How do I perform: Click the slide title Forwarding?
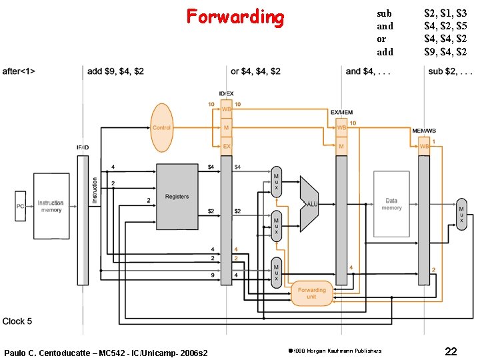tap(235, 17)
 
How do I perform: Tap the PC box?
tap(20, 206)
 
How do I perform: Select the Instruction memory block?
tap(51, 206)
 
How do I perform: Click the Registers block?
tap(177, 196)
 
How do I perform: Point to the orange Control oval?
tap(162, 127)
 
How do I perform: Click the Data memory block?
tap(391, 204)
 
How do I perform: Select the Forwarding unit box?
tap(312, 293)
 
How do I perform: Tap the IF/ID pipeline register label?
tap(83, 147)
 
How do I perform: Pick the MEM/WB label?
tap(425, 130)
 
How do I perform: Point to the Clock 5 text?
tap(17, 321)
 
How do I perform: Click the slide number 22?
tap(451, 351)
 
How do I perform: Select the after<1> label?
tap(19, 71)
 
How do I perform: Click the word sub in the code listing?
tap(385, 13)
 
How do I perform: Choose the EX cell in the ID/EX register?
tap(226, 147)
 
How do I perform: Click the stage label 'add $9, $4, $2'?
tap(115, 71)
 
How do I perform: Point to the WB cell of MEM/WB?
tap(425, 146)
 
